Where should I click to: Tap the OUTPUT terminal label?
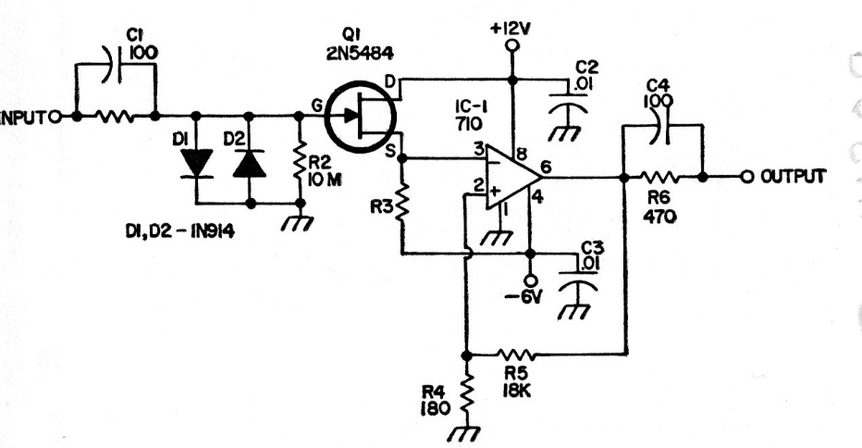[793, 176]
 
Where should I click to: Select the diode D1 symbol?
[196, 164]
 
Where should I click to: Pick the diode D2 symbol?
[248, 164]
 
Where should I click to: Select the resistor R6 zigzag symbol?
[663, 176]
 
